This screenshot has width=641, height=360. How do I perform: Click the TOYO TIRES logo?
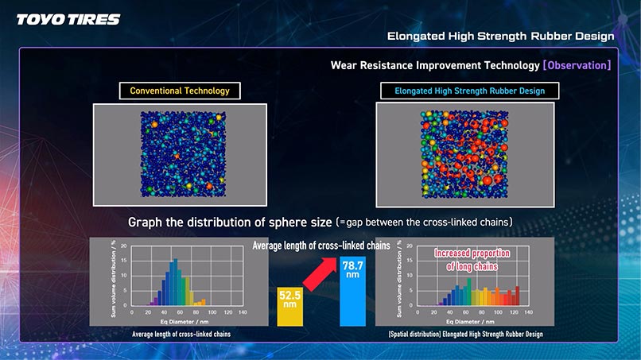click(x=68, y=19)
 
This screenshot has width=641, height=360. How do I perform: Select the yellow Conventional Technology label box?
click(x=179, y=91)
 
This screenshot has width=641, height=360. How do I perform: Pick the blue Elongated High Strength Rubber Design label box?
click(x=469, y=91)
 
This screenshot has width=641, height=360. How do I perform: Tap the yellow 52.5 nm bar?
click(x=289, y=307)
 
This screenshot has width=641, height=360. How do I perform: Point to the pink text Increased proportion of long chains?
click(x=472, y=259)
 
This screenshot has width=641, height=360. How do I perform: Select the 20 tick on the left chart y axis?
click(x=122, y=246)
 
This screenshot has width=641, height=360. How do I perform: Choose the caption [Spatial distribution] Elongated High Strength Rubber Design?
click(x=466, y=335)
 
